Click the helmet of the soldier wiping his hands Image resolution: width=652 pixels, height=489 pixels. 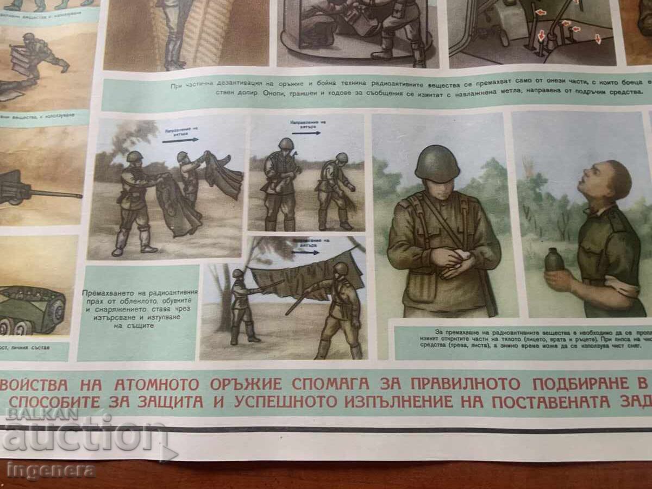(x=437, y=164)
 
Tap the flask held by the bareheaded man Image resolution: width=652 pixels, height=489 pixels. (x=554, y=260)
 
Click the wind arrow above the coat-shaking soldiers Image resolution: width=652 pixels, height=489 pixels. (x=177, y=140)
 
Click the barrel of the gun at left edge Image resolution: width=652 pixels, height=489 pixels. (x=54, y=194)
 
